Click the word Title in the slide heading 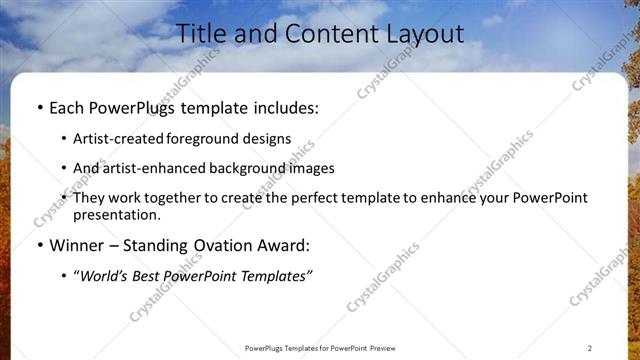pos(202,34)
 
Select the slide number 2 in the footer pos(590,347)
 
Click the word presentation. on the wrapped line pos(116,214)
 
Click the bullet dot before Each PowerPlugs pos(38,107)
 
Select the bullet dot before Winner pos(38,244)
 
